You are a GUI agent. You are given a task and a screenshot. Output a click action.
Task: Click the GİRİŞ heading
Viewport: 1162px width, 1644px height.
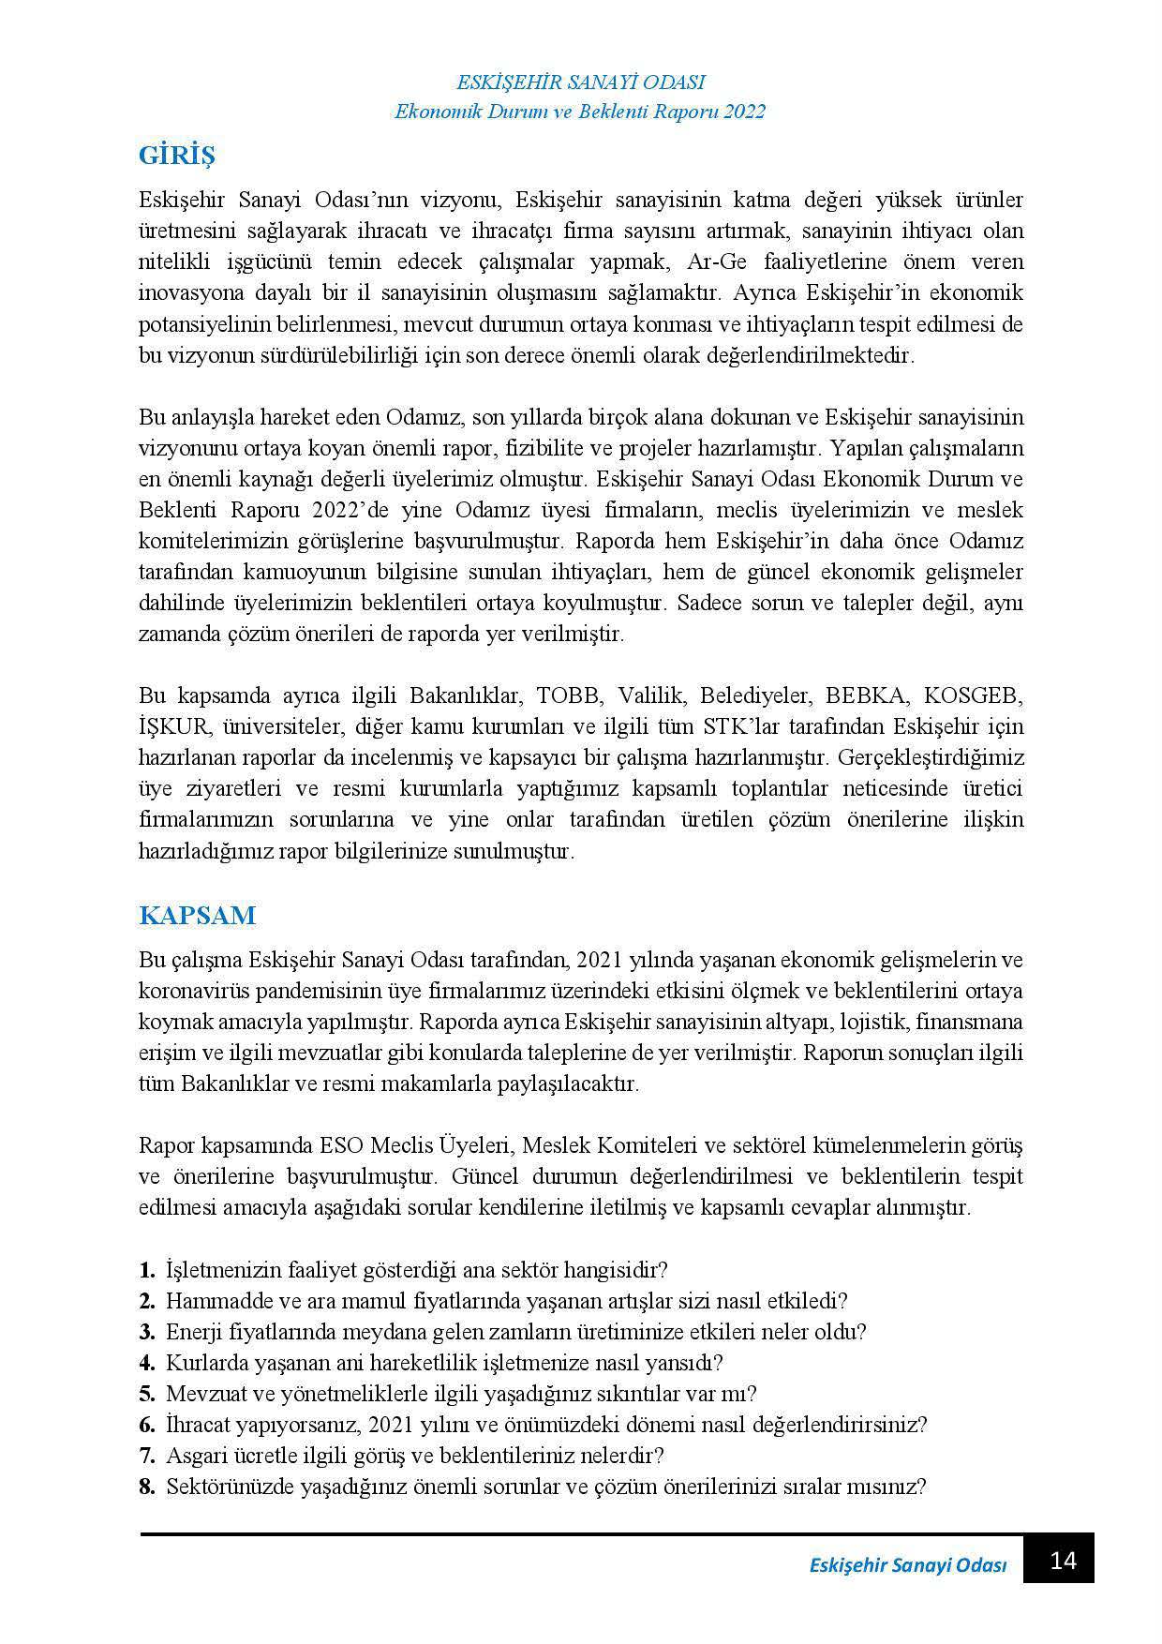coord(177,155)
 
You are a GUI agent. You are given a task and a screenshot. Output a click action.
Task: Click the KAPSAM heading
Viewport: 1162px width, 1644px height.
coord(197,915)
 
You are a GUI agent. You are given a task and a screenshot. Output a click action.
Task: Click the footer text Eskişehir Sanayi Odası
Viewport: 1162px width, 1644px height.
coord(906,1565)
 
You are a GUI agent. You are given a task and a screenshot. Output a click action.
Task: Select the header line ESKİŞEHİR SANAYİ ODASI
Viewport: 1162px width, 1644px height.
coord(580,82)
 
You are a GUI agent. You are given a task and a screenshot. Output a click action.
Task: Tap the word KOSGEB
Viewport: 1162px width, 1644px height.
coord(974,695)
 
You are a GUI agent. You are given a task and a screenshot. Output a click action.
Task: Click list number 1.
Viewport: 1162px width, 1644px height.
coord(147,1270)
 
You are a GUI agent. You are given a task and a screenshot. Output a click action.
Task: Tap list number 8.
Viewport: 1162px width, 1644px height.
coord(147,1487)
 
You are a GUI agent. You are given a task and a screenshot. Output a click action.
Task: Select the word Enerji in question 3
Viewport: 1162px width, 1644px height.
coord(191,1332)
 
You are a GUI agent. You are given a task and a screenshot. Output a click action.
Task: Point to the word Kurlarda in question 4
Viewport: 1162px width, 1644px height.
coord(201,1363)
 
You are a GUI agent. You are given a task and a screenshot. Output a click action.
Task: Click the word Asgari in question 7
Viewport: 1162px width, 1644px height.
coord(194,1456)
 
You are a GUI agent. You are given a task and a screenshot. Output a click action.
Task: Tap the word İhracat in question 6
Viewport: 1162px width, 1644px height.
coord(197,1425)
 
